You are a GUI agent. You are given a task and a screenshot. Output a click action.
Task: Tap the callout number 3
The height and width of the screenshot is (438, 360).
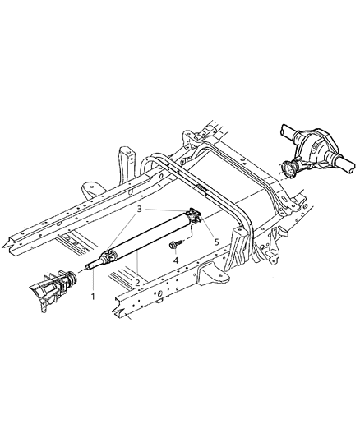(x=141, y=210)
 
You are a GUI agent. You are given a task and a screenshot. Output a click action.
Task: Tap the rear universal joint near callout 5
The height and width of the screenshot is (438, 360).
(x=192, y=215)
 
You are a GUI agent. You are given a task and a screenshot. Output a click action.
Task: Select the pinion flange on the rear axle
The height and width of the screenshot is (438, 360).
(x=289, y=170)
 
